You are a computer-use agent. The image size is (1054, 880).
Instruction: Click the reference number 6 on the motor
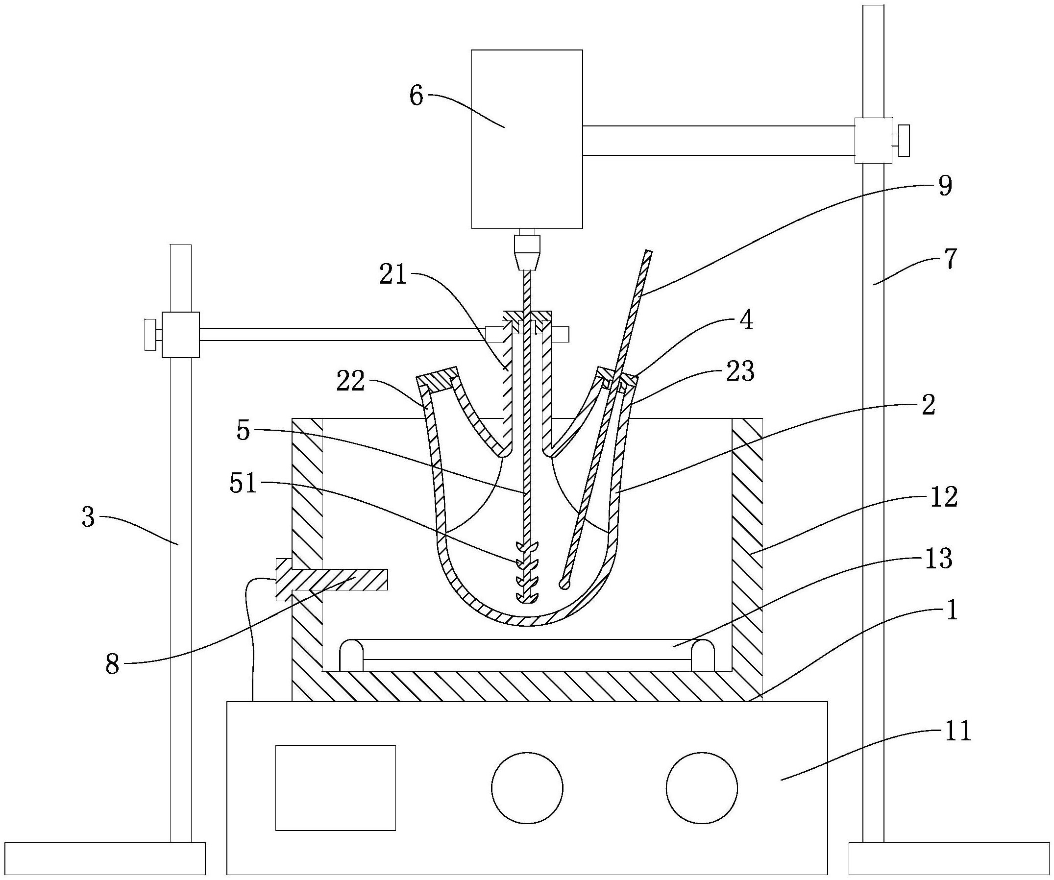click(x=417, y=96)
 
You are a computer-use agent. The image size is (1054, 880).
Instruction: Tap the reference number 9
click(x=944, y=187)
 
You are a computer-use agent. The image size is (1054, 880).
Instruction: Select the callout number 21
click(x=393, y=275)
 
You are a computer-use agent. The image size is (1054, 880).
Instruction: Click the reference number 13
click(x=938, y=558)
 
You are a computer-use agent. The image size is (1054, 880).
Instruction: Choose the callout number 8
click(x=112, y=665)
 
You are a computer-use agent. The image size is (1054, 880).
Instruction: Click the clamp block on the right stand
click(x=873, y=141)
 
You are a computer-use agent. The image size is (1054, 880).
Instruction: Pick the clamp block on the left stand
click(x=181, y=334)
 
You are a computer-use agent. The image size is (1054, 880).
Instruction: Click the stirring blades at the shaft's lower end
click(x=526, y=573)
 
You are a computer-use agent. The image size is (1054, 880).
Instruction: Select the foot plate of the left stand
click(x=102, y=858)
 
